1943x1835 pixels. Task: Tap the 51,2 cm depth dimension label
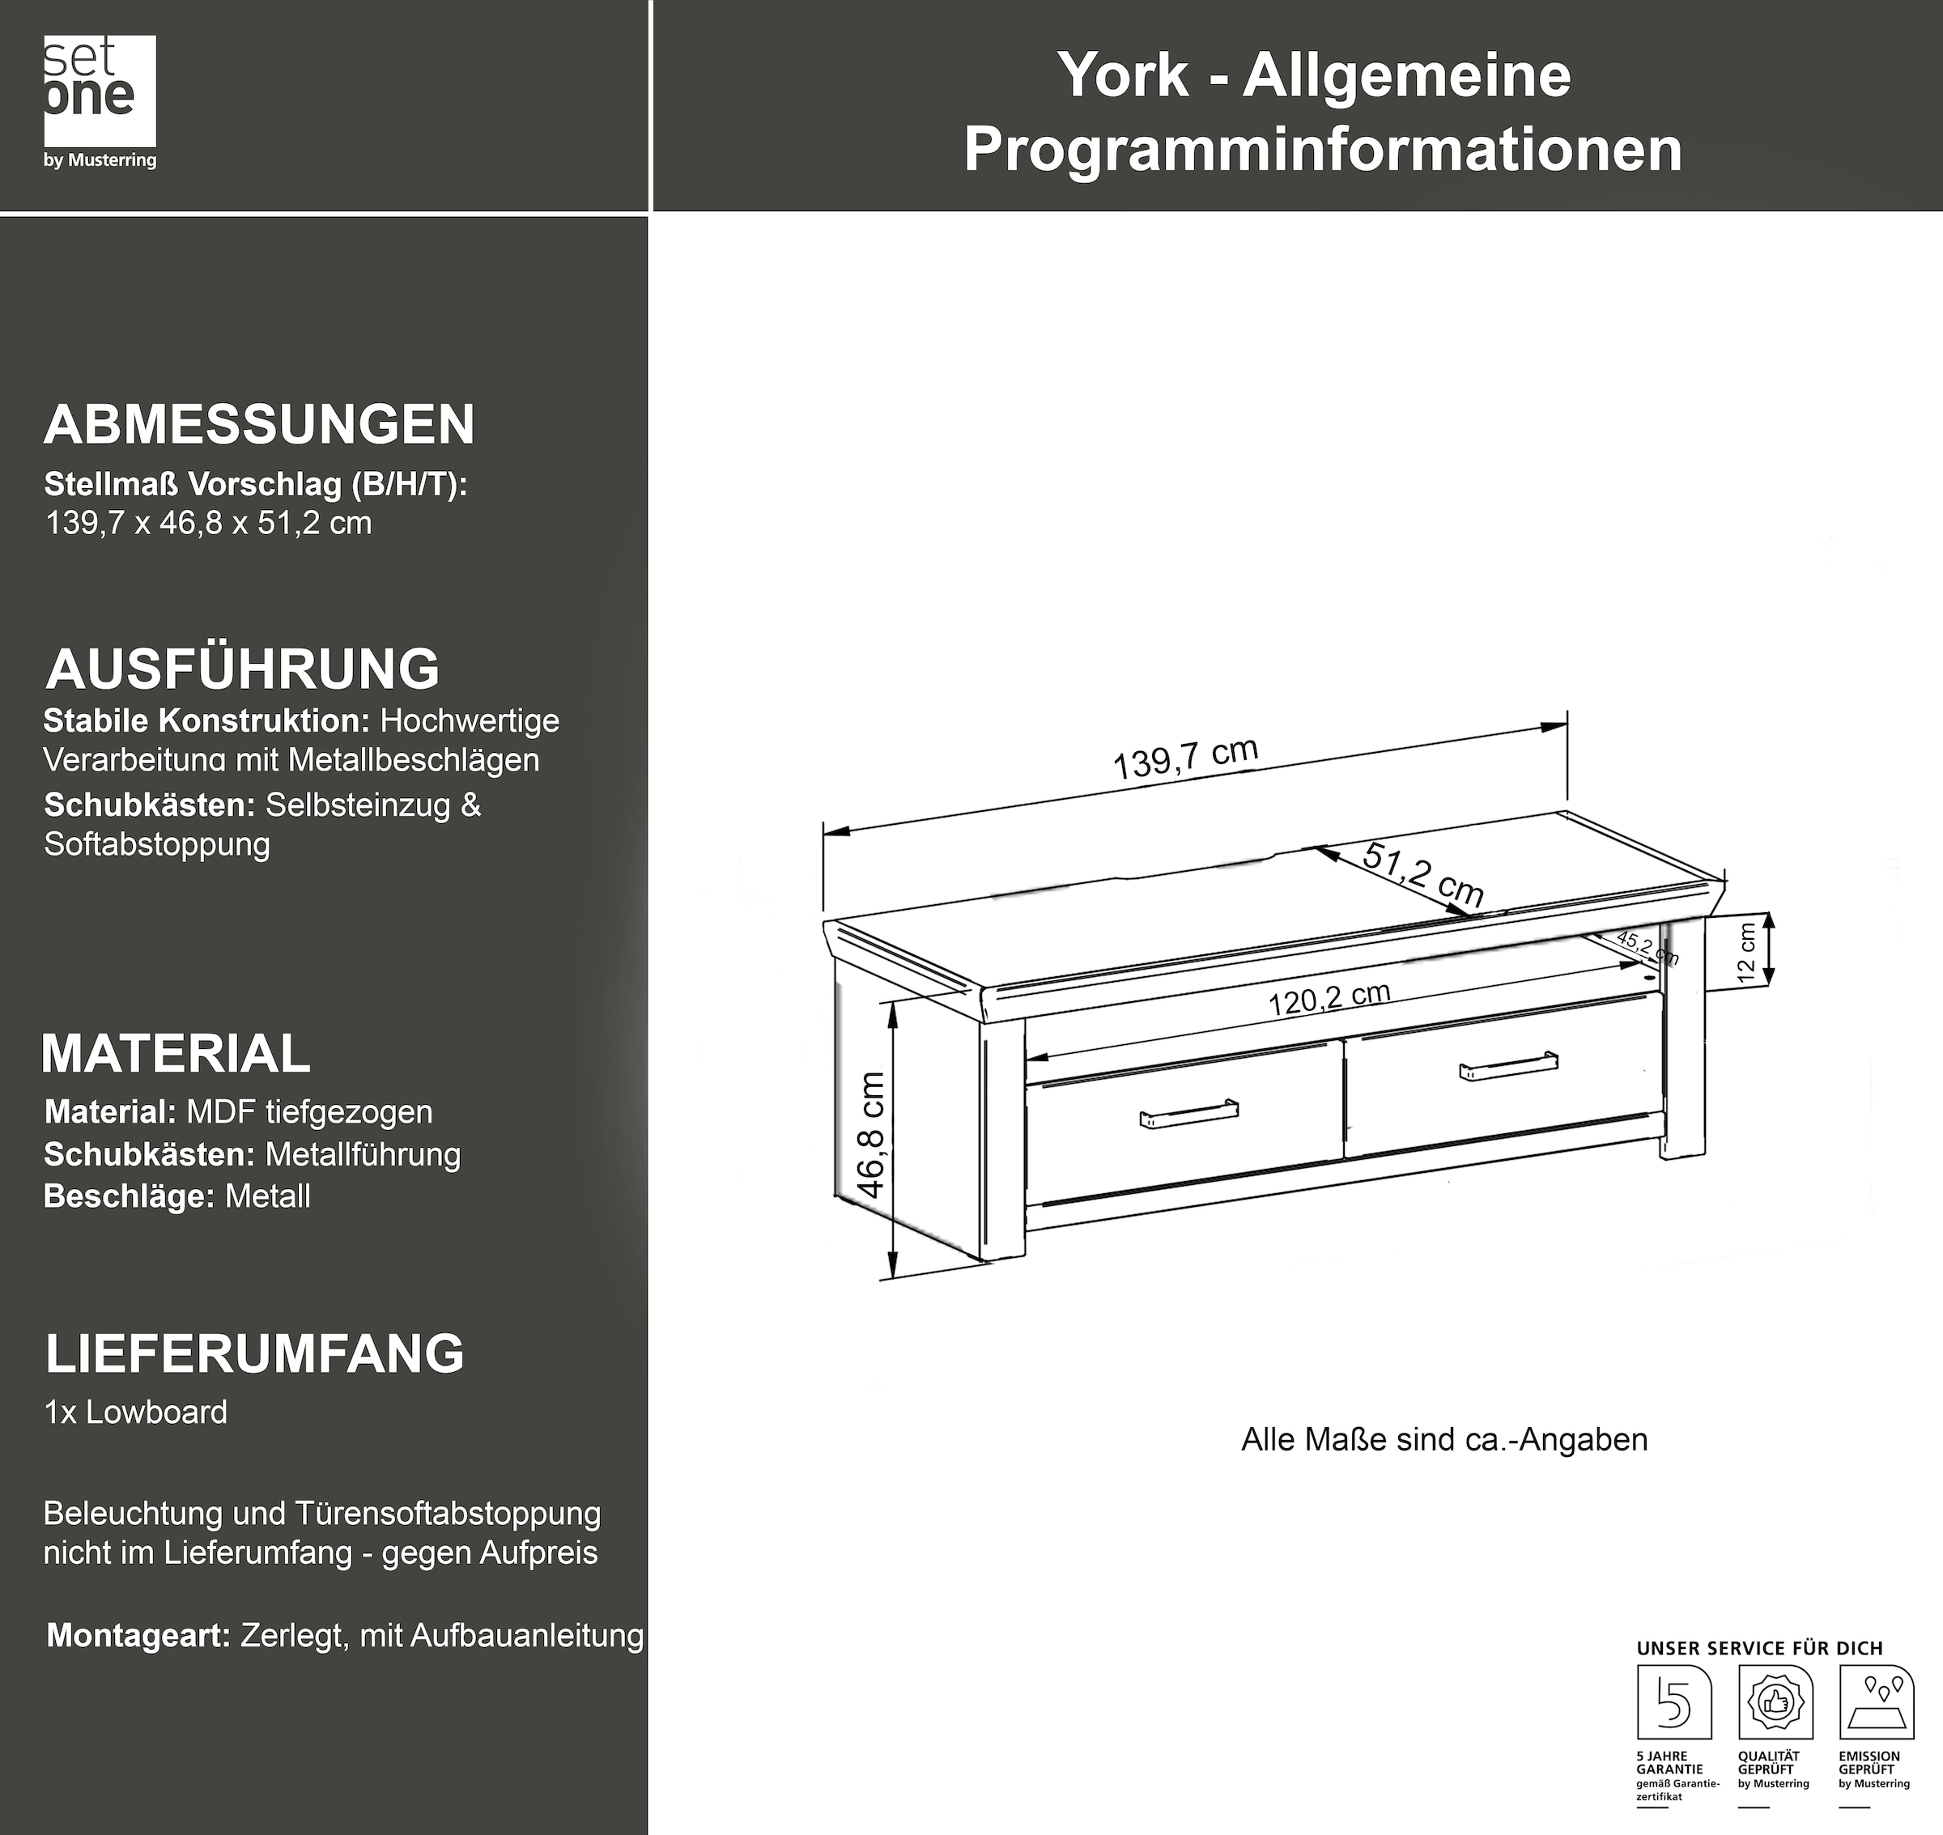(1423, 873)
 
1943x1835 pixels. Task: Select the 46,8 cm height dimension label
(871, 1134)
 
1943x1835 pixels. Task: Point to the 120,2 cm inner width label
(1329, 999)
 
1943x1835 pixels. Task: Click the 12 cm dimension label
(1746, 953)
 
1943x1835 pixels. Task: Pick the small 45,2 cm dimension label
(1648, 947)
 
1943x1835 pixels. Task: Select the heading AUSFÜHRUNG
(243, 669)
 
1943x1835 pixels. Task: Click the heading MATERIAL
(176, 1053)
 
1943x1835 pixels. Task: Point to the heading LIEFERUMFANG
(254, 1353)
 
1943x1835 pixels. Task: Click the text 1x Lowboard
(136, 1412)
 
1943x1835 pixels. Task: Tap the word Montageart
(138, 1635)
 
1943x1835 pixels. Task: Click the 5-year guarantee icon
(1674, 1703)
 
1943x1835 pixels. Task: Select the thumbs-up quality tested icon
(1775, 1703)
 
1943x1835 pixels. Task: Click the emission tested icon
(1876, 1703)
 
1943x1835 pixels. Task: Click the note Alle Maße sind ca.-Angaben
(1444, 1440)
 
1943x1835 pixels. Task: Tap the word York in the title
(1122, 75)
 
